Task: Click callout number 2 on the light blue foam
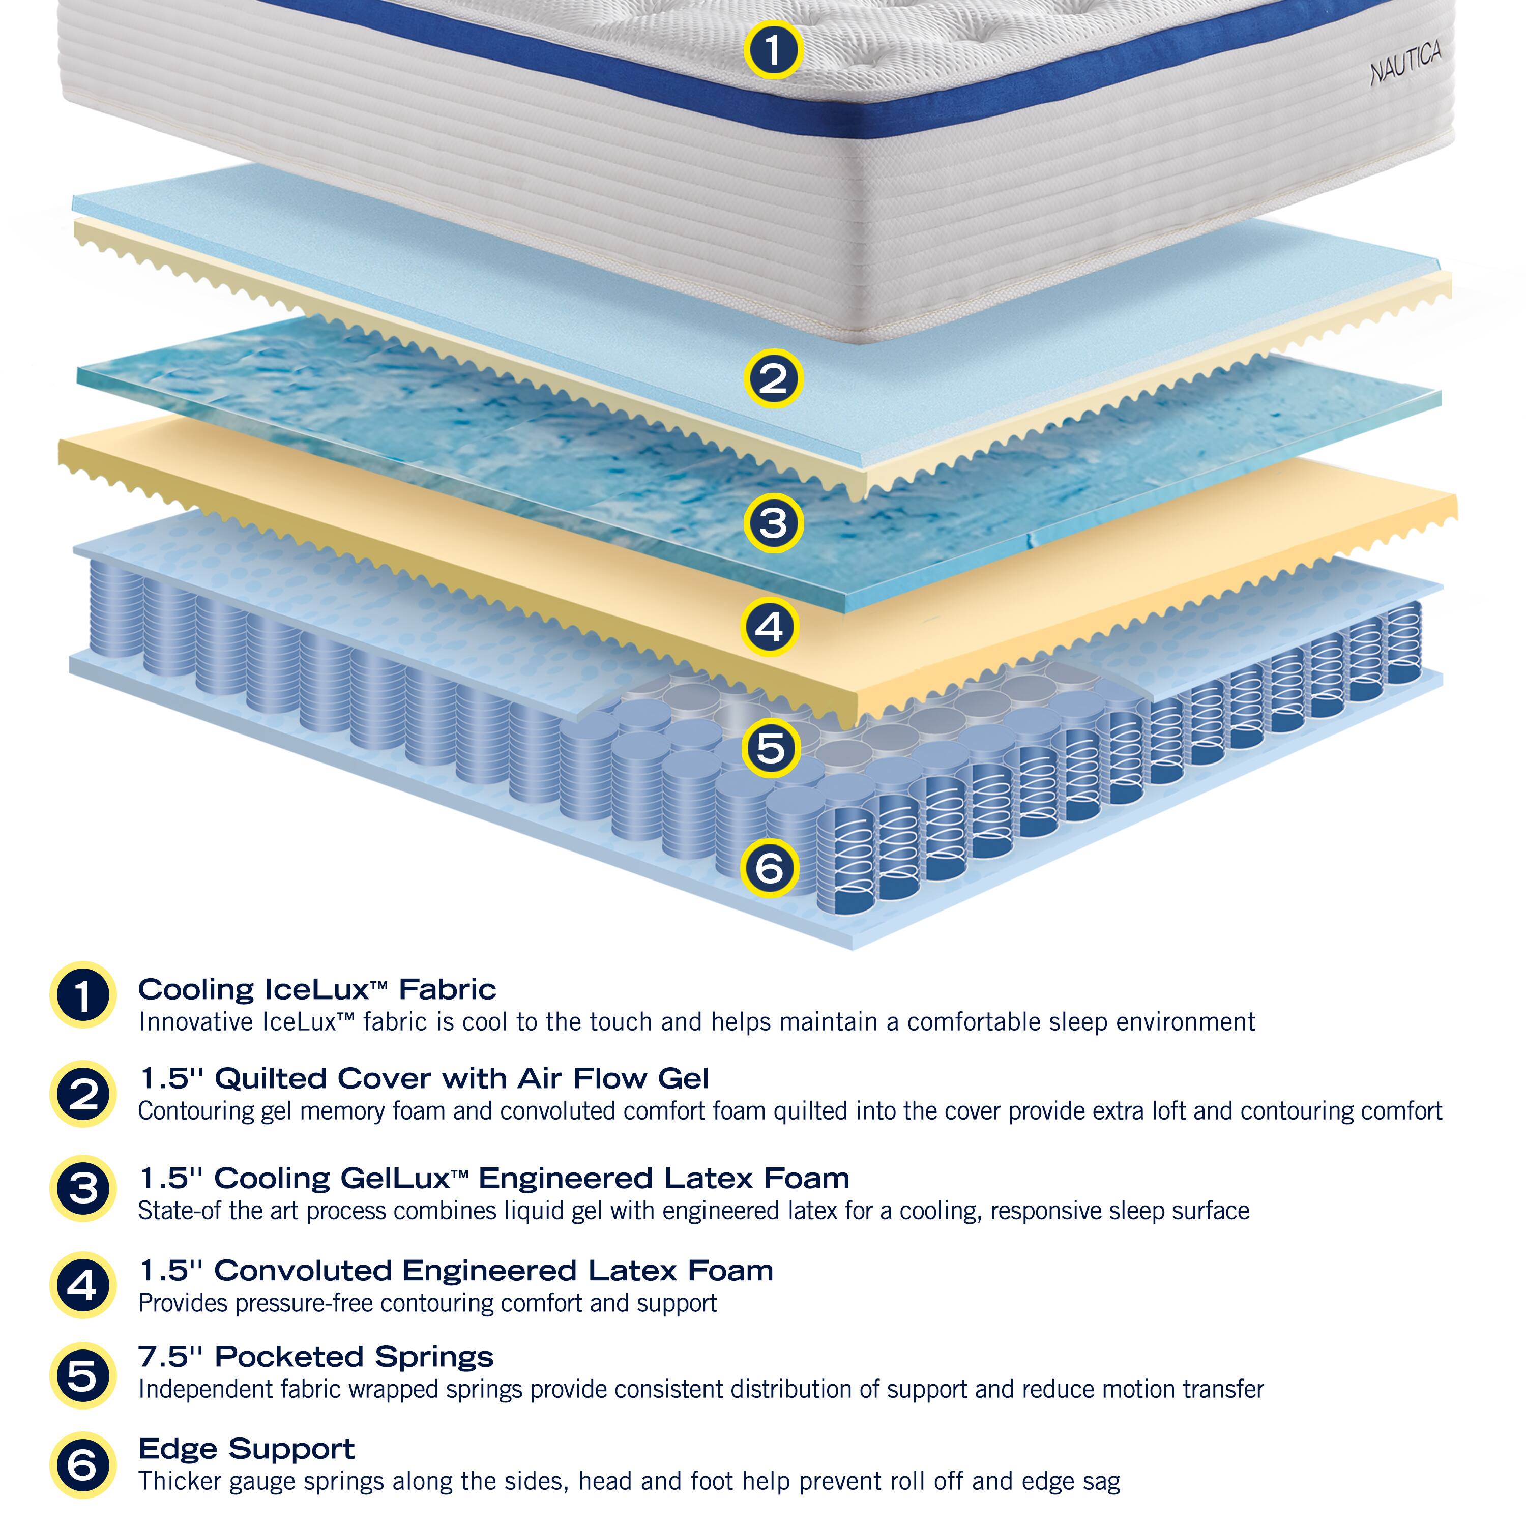773,378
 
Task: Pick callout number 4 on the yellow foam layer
769,628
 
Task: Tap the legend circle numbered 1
83,995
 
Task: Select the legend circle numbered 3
83,1188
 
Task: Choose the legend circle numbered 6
83,1465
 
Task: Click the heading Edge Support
246,1449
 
